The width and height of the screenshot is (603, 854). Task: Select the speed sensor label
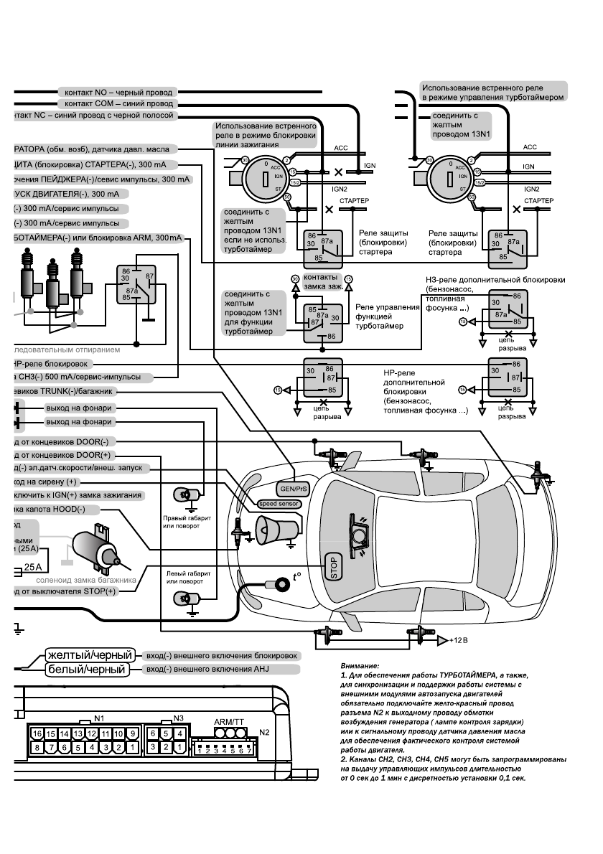tap(279, 504)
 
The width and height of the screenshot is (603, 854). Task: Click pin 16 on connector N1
tap(37, 734)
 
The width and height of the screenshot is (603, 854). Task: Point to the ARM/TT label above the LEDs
tap(229, 722)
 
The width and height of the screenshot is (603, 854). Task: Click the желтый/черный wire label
tap(90, 655)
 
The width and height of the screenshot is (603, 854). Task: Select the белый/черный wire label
tap(87, 670)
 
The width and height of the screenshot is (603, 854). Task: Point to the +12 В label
tap(457, 640)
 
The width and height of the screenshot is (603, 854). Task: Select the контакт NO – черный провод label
tap(118, 93)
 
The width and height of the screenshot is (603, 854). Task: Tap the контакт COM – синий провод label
tap(119, 104)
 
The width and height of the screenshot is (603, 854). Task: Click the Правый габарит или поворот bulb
tap(184, 494)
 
